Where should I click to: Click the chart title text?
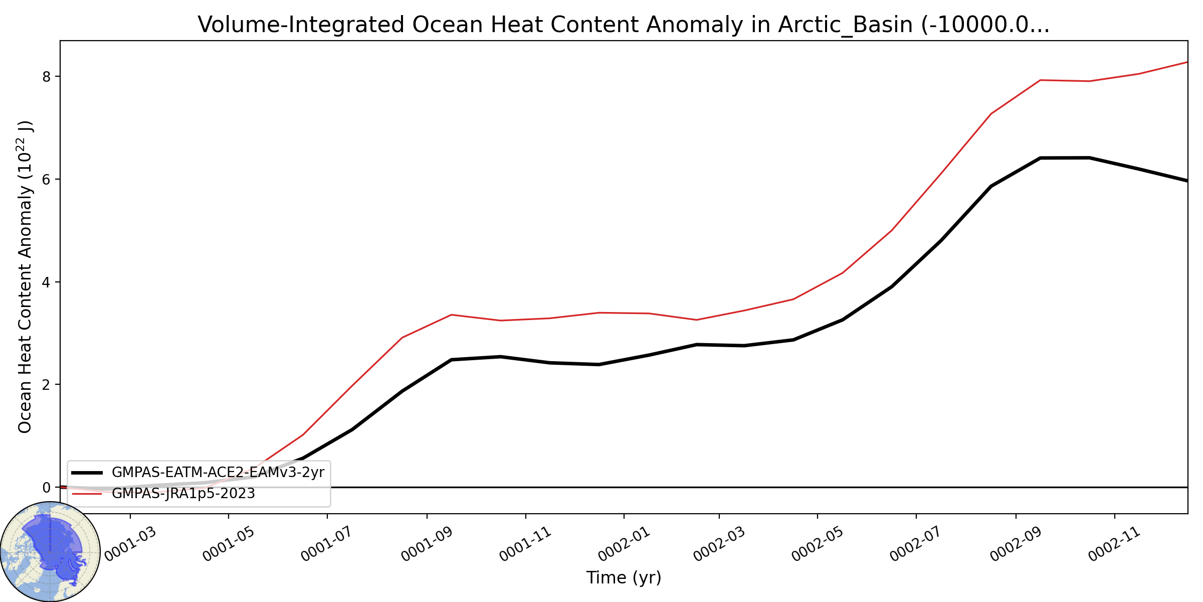point(624,25)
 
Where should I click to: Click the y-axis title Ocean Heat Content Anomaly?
point(25,276)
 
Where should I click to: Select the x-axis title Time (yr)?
point(624,577)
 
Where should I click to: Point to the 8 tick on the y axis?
point(47,76)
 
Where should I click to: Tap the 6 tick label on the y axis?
point(47,179)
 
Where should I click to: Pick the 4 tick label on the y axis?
point(47,282)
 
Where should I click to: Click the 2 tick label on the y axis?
point(47,385)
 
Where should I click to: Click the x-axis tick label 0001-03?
point(130,544)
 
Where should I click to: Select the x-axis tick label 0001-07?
point(327,544)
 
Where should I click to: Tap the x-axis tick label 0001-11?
point(525,544)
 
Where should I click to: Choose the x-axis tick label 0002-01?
point(624,544)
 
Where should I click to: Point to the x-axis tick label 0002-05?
point(818,544)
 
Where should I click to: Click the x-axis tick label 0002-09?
point(1016,544)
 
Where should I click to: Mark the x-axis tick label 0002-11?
point(1115,544)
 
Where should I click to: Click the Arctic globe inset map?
point(50,551)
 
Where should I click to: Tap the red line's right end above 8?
point(1187,62)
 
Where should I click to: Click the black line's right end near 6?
point(1187,181)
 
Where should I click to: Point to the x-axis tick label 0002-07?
point(916,544)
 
